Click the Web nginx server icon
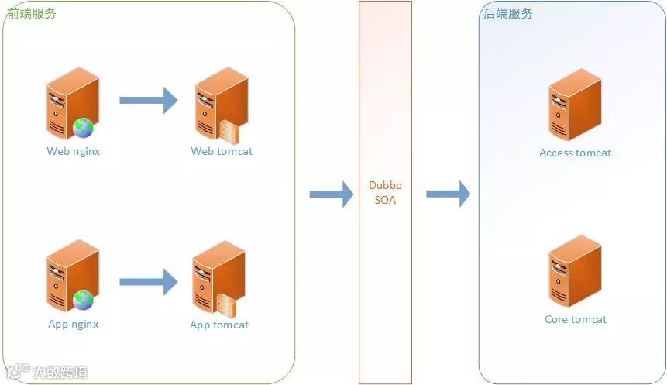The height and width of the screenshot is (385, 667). pos(71,101)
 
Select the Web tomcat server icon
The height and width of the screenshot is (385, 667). pos(221,101)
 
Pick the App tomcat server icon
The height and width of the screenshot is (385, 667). pos(218,276)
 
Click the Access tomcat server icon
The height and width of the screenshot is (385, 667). pos(575,104)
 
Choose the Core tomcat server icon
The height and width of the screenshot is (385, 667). pos(575,271)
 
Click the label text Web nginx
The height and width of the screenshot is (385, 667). pos(74,151)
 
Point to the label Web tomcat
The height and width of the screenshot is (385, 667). pos(222,151)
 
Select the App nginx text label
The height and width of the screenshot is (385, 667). pos(74,324)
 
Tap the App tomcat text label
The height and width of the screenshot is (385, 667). pos(219,325)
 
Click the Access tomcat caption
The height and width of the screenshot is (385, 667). pos(575,153)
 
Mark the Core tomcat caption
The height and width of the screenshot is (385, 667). pos(575,319)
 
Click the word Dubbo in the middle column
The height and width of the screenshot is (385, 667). pos(385,186)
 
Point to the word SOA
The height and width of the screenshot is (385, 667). pos(385,200)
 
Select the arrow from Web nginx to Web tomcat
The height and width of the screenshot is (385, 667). pos(148,99)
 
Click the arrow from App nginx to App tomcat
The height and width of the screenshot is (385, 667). pos(148,281)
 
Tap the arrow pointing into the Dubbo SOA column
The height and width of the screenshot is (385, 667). pos(331,194)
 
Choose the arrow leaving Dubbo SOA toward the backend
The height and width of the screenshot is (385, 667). pos(448,194)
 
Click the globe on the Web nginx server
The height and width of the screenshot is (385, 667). pos(83,128)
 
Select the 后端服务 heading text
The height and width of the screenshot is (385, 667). pos(508,14)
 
